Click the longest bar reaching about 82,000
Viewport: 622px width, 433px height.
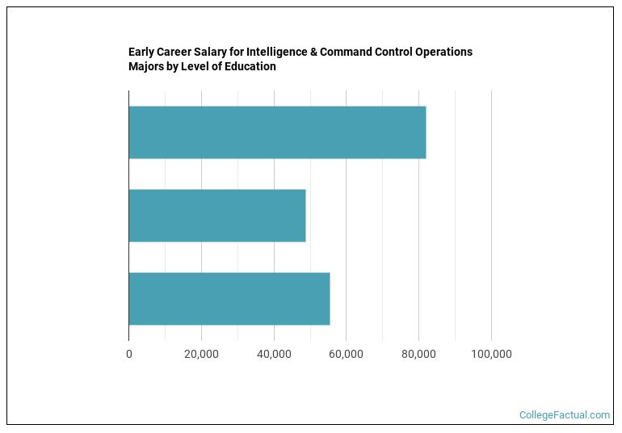pyautogui.click(x=276, y=132)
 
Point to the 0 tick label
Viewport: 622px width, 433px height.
pyautogui.click(x=128, y=354)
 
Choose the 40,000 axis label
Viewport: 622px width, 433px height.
pyautogui.click(x=274, y=354)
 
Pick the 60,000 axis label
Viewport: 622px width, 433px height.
pyautogui.click(x=346, y=354)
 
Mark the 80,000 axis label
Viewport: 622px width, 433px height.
pyautogui.click(x=418, y=354)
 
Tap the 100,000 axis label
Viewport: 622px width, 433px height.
pyautogui.click(x=491, y=354)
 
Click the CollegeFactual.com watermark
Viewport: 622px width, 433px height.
pyautogui.click(x=565, y=415)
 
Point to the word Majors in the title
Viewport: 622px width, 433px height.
pyautogui.click(x=147, y=66)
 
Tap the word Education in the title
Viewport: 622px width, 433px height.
pyautogui.click(x=249, y=66)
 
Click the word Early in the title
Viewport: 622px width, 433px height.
pyautogui.click(x=141, y=52)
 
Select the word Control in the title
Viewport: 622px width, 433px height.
pyautogui.click(x=393, y=52)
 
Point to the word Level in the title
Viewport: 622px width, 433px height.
pyautogui.click(x=198, y=66)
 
